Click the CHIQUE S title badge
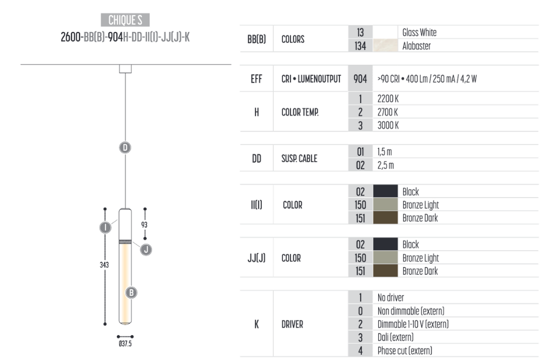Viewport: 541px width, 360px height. pos(126,20)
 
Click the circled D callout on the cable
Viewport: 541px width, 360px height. pos(126,148)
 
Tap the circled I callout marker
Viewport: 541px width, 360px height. pos(105,228)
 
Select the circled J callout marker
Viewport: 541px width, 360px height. pos(146,250)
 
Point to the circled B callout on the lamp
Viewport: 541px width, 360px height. pos(131,293)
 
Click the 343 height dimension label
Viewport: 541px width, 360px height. pos(104,265)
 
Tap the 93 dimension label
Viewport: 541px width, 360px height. pos(144,225)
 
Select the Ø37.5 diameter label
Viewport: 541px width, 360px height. pos(126,344)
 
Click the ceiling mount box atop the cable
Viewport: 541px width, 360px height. pos(126,69)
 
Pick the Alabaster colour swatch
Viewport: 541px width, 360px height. pos(385,45)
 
